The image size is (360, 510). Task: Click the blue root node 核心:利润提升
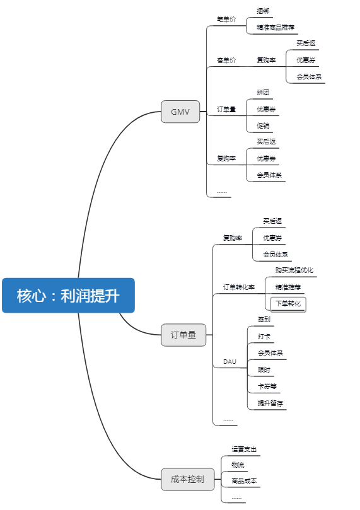pos(68,295)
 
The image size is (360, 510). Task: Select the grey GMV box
pos(180,112)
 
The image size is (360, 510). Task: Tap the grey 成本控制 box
pos(188,479)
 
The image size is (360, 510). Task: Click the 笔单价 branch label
pos(226,19)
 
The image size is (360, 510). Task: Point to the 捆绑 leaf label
pos(263,11)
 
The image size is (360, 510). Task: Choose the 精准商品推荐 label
pos(276,27)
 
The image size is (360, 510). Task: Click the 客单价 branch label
pos(226,60)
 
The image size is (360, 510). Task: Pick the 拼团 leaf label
pos(263,93)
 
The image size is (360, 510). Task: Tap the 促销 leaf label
pos(263,125)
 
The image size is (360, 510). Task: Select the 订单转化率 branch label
pos(239,287)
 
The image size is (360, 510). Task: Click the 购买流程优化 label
pos(294,270)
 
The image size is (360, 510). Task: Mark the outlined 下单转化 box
pos(288,304)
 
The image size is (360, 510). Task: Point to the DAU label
pos(229,362)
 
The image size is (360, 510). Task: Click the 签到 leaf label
pos(264,320)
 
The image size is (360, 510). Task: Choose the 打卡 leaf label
pos(264,336)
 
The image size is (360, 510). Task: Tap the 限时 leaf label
pos(264,370)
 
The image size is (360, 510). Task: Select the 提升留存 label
pos(270,403)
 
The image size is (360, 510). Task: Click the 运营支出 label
pos(244,449)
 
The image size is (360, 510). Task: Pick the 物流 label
pos(238,465)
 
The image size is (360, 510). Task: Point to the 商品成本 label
pos(244,481)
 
